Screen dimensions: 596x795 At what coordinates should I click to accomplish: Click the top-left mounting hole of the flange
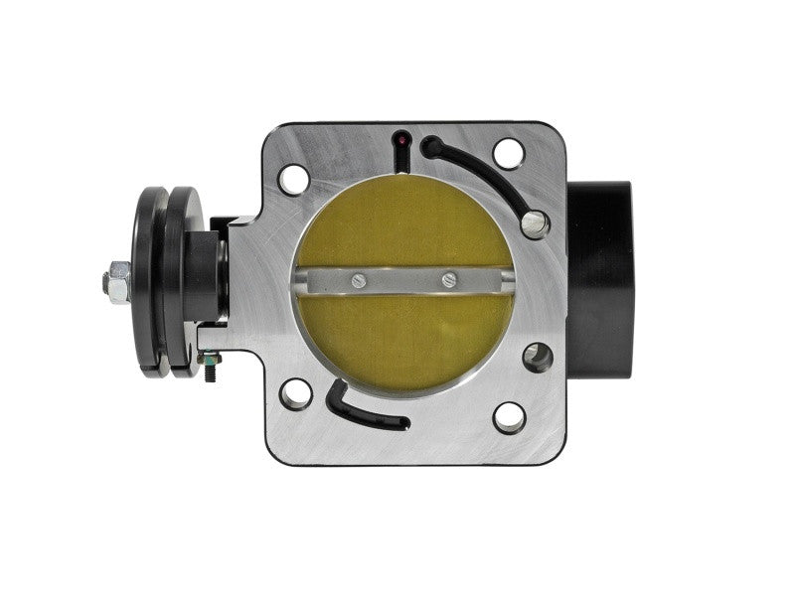(x=293, y=181)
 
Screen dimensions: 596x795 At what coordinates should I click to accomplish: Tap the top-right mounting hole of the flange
(x=508, y=153)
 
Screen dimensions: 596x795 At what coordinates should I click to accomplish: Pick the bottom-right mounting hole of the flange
(x=509, y=417)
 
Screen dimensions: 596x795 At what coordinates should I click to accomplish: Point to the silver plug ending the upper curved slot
(x=537, y=223)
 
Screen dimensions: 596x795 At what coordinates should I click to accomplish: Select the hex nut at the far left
(x=115, y=281)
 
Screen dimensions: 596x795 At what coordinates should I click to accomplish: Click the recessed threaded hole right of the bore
(x=538, y=357)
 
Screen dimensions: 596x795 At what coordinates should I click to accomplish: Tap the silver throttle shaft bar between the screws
(x=403, y=280)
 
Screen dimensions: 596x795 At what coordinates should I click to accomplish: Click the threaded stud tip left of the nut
(x=103, y=282)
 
